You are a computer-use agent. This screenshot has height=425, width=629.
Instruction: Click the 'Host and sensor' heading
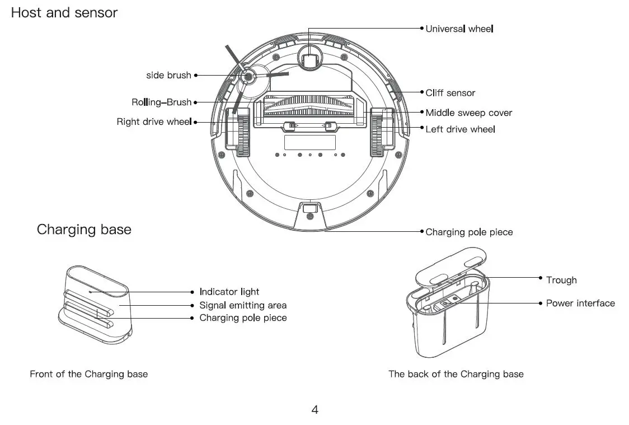[64, 13]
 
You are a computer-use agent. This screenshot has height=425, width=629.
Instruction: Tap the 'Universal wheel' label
[459, 29]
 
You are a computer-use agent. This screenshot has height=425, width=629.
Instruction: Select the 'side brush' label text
[168, 75]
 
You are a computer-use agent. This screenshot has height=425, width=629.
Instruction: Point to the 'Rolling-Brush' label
[161, 102]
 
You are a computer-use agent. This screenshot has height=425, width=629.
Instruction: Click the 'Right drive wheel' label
[154, 122]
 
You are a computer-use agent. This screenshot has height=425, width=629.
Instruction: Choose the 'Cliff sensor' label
[450, 93]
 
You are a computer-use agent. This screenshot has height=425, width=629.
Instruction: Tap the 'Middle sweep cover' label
[468, 113]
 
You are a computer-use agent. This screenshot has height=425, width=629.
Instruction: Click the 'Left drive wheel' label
[460, 129]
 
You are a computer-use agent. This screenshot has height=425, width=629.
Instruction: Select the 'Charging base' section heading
[84, 230]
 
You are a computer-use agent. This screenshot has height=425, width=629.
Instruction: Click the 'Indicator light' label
[229, 292]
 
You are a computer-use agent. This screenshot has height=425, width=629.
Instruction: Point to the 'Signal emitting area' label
[243, 305]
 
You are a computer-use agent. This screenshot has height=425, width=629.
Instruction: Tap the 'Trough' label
[561, 280]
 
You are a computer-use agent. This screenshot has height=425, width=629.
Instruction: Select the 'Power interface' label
[580, 303]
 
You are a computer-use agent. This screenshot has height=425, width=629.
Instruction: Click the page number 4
[314, 410]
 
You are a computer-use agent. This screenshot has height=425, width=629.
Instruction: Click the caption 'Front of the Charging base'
[88, 374]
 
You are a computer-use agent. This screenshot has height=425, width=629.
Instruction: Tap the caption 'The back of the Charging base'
[456, 374]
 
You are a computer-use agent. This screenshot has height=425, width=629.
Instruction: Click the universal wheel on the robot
[309, 58]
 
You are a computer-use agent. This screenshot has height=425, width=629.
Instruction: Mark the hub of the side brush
[247, 76]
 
